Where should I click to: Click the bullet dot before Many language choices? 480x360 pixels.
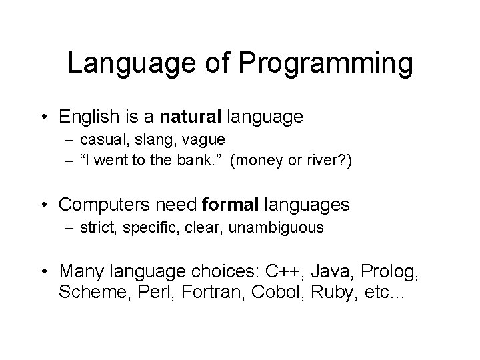click(45, 272)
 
